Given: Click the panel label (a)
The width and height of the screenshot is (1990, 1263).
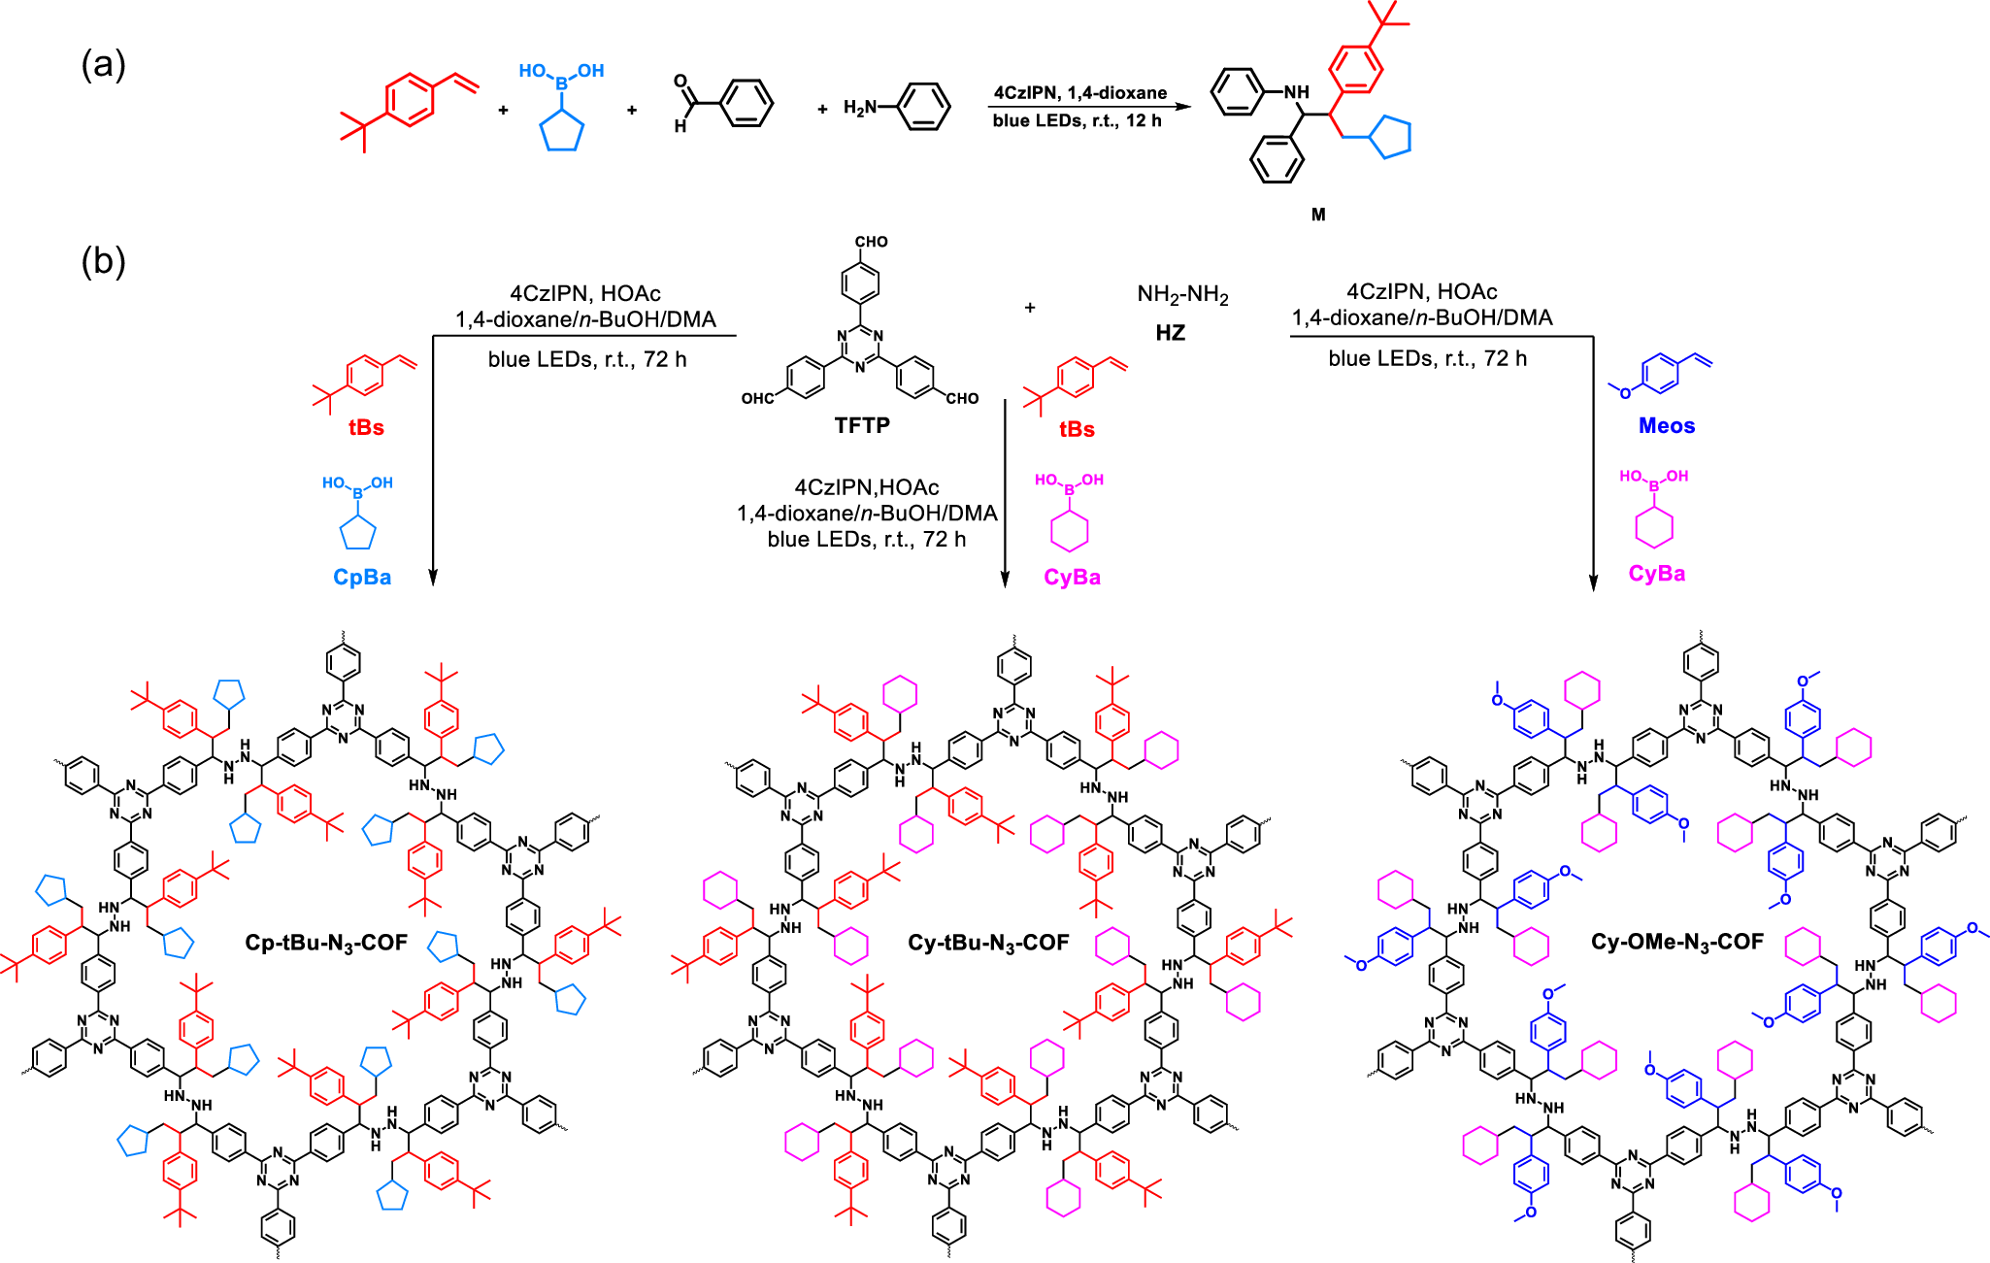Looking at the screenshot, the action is (103, 65).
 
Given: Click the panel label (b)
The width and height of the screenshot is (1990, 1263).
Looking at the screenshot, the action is (103, 261).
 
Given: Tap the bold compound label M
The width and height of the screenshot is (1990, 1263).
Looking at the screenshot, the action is (1318, 215).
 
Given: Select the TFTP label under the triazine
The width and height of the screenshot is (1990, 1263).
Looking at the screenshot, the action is (862, 425).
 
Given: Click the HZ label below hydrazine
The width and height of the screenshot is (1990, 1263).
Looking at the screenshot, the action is (1170, 333).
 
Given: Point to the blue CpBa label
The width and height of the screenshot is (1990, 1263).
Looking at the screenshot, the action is (362, 577).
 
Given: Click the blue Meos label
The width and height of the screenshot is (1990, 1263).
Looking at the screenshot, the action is (1667, 425).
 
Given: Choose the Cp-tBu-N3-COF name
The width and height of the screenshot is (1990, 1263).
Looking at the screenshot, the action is (326, 943).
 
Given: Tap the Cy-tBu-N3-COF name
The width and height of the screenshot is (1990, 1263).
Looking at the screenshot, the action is (988, 943).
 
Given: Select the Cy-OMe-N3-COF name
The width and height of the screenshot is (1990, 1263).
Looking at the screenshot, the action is (1677, 942).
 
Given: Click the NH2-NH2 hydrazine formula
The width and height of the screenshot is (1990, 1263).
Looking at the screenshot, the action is (1182, 295).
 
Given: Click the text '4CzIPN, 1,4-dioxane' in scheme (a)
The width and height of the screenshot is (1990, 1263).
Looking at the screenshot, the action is (1080, 93).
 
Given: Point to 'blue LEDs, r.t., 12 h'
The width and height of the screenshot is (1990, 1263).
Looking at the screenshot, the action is (1078, 120).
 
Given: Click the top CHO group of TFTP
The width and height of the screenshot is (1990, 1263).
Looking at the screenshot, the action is (871, 242).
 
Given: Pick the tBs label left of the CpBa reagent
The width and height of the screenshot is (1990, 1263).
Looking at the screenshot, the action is (366, 428).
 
